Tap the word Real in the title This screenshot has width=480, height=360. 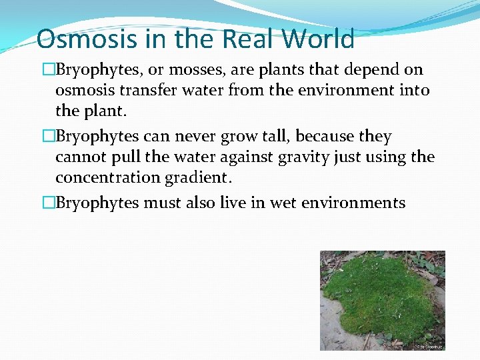pyautogui.click(x=248, y=39)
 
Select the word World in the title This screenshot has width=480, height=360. pyautogui.click(x=318, y=39)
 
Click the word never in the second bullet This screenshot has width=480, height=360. pyautogui.click(x=203, y=137)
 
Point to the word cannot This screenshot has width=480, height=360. pyautogui.click(x=77, y=157)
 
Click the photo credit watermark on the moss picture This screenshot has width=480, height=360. pyautogui.click(x=429, y=347)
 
